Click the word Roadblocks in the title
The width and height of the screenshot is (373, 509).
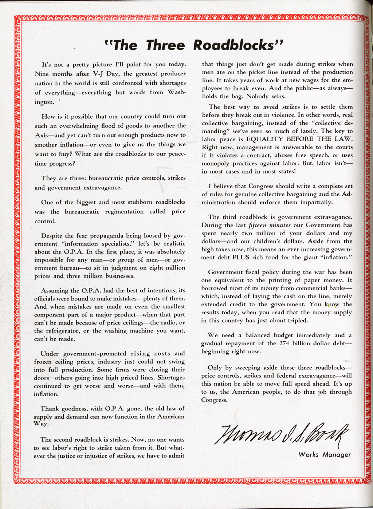pyautogui.click(x=237, y=45)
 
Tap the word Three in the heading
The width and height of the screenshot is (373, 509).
pyautogui.click(x=165, y=45)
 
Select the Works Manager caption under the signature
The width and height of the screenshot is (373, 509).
pyautogui.click(x=325, y=454)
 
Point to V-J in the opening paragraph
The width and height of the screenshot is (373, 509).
pyautogui.click(x=95, y=73)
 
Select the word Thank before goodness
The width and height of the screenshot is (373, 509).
pyautogui.click(x=49, y=409)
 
